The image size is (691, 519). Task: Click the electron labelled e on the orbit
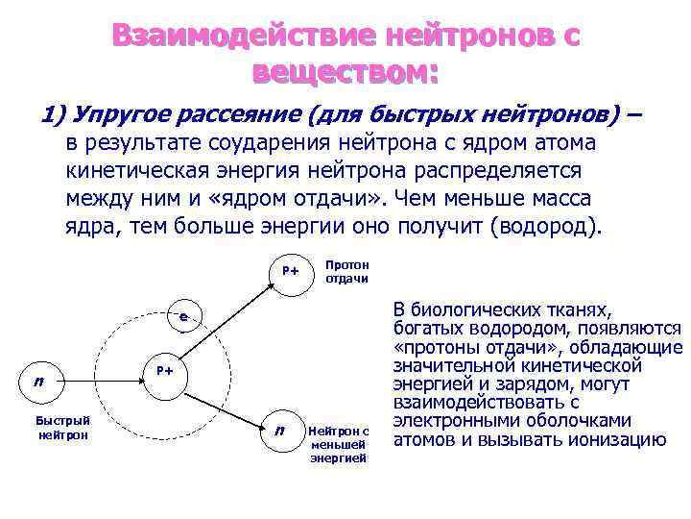(182, 318)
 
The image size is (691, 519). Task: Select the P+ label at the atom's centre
(164, 370)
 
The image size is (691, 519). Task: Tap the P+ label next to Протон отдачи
(290, 271)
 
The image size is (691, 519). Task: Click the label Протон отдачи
(346, 271)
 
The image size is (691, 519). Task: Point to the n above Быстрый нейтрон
(38, 381)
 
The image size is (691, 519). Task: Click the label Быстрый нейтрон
(62, 427)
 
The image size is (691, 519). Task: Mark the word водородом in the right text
(495, 328)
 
